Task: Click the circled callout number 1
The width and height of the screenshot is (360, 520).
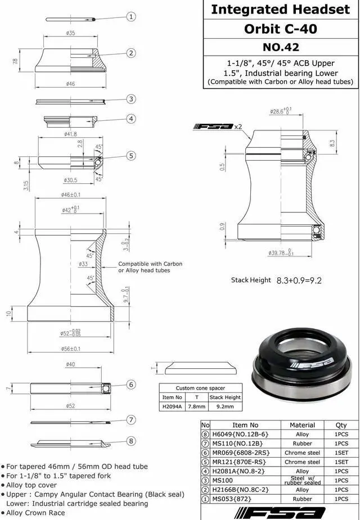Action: coord(132,16)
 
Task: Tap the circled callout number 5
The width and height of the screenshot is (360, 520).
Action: coord(132,156)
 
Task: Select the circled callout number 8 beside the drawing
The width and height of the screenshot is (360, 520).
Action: coord(132,441)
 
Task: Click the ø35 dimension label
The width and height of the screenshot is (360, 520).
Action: coord(70,33)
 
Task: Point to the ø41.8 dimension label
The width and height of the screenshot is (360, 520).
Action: coord(70,134)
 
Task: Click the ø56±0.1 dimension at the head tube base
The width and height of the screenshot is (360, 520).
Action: coord(71,349)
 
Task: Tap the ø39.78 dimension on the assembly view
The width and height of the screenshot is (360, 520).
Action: coord(281,253)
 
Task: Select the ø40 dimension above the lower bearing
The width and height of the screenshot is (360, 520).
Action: coord(70,364)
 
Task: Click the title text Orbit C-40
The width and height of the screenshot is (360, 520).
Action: coord(281,29)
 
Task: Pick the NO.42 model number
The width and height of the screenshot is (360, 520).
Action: coord(281,47)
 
